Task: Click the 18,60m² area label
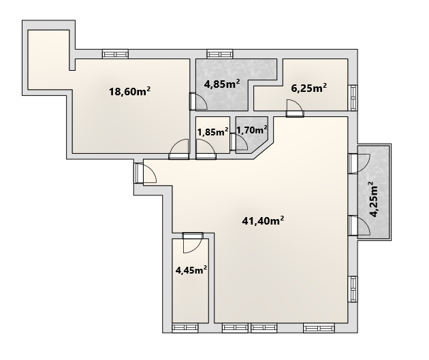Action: (129, 91)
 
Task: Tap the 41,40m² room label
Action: (263, 220)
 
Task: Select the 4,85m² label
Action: (222, 84)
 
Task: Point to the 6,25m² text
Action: (309, 88)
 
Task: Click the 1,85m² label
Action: (213, 132)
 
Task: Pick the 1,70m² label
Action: (252, 130)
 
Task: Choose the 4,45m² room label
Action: (191, 270)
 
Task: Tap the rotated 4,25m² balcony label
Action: (374, 199)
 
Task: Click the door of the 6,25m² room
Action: (295, 108)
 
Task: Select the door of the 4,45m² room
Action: (193, 242)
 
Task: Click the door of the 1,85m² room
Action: (206, 149)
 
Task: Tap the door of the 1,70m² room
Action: (239, 142)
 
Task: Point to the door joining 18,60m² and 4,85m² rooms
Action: (198, 101)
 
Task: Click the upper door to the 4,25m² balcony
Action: (360, 163)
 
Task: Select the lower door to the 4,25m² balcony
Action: (360, 225)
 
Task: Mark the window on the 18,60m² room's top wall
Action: (116, 54)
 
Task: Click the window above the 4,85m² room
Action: (220, 54)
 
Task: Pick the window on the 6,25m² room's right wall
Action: (353, 98)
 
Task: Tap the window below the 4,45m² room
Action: (185, 328)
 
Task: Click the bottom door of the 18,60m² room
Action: (179, 149)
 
